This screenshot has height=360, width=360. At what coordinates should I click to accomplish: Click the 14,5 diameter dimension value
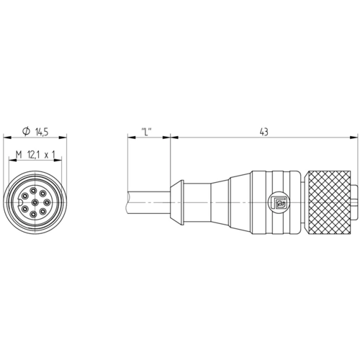(42, 132)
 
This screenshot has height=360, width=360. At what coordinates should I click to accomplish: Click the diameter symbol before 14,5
(26, 131)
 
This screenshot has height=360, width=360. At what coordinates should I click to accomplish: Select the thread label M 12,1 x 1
(35, 155)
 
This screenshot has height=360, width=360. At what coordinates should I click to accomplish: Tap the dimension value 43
(264, 132)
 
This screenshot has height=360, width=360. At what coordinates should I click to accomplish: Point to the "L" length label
(147, 132)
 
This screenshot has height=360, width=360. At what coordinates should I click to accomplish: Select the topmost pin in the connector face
(33, 191)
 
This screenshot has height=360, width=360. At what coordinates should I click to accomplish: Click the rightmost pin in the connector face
(47, 202)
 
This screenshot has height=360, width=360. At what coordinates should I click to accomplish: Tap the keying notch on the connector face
(20, 202)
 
